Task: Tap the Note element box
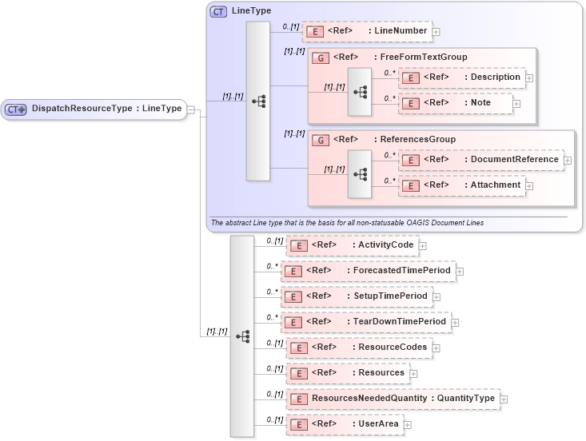455,103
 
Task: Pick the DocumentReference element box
480,160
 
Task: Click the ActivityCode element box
351,245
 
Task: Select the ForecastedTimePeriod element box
368,271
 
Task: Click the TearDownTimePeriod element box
365,322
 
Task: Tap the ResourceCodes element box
359,348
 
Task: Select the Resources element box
348,373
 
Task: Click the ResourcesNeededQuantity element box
392,399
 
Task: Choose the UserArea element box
344,424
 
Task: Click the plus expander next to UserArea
408,425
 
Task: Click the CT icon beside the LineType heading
218,12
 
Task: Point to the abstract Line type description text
347,222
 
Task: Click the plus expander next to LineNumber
437,32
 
